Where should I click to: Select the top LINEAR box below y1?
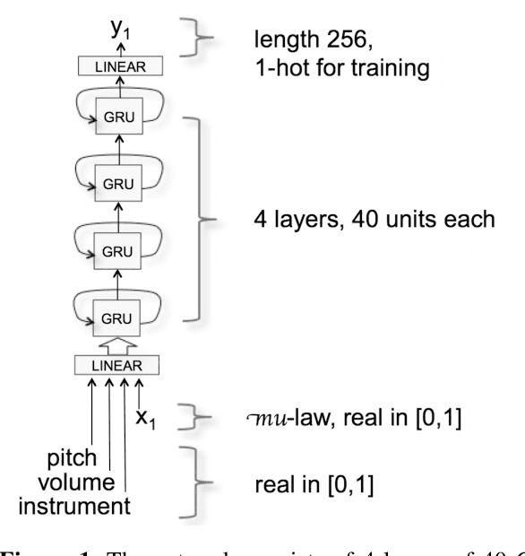(x=119, y=66)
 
